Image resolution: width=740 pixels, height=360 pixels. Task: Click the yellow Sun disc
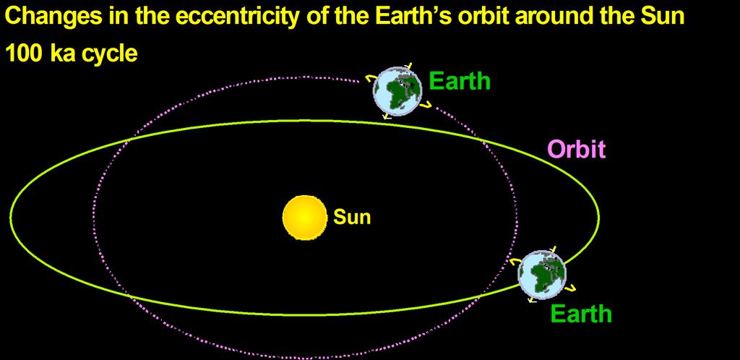coord(304,217)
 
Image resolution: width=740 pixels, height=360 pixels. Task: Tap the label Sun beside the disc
coord(352,217)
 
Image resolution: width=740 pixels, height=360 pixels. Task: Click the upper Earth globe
coord(397,90)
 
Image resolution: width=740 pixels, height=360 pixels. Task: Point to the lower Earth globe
coord(542,275)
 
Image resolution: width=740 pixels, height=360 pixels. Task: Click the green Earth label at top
coord(460,81)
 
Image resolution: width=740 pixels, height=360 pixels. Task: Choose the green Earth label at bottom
coord(580,313)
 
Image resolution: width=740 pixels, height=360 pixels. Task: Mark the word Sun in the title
coord(665,16)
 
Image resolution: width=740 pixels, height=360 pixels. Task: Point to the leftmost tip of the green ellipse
coord(10,217)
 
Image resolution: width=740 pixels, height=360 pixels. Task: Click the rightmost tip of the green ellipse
coord(599,217)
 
